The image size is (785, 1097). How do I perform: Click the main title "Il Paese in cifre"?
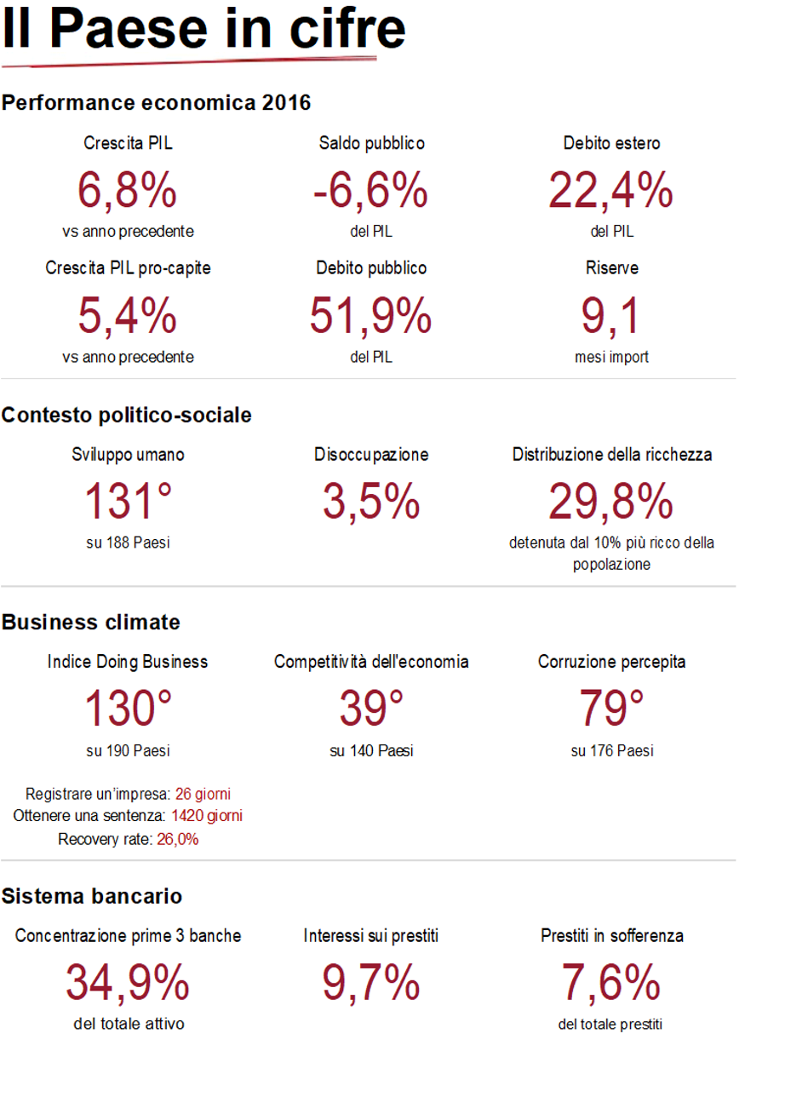point(203,30)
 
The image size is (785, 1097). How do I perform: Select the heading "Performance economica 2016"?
point(156,104)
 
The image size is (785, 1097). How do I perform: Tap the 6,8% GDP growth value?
point(128,190)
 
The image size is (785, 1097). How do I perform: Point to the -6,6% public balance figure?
point(370,190)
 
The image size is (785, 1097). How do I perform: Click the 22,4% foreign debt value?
point(611,190)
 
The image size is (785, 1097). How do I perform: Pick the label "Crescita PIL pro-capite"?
point(128,268)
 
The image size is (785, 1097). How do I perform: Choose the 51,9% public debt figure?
point(370,315)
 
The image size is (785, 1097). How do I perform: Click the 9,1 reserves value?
point(611,315)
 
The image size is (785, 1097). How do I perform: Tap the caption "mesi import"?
point(611,358)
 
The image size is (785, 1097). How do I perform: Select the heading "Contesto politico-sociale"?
point(127,416)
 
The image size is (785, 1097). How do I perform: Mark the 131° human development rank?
point(128,501)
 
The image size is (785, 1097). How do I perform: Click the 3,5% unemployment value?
point(370,501)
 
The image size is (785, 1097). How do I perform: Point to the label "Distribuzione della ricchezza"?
point(611,455)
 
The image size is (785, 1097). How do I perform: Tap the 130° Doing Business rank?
point(128,709)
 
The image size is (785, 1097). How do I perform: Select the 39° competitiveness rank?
point(370,709)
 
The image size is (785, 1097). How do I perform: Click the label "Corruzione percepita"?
point(611,662)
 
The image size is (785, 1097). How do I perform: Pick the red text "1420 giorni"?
point(207,816)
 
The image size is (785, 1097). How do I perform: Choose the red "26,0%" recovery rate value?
point(177,839)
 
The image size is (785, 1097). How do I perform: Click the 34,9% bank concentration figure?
point(128,983)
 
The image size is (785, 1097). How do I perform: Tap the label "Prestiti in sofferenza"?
point(611,936)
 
